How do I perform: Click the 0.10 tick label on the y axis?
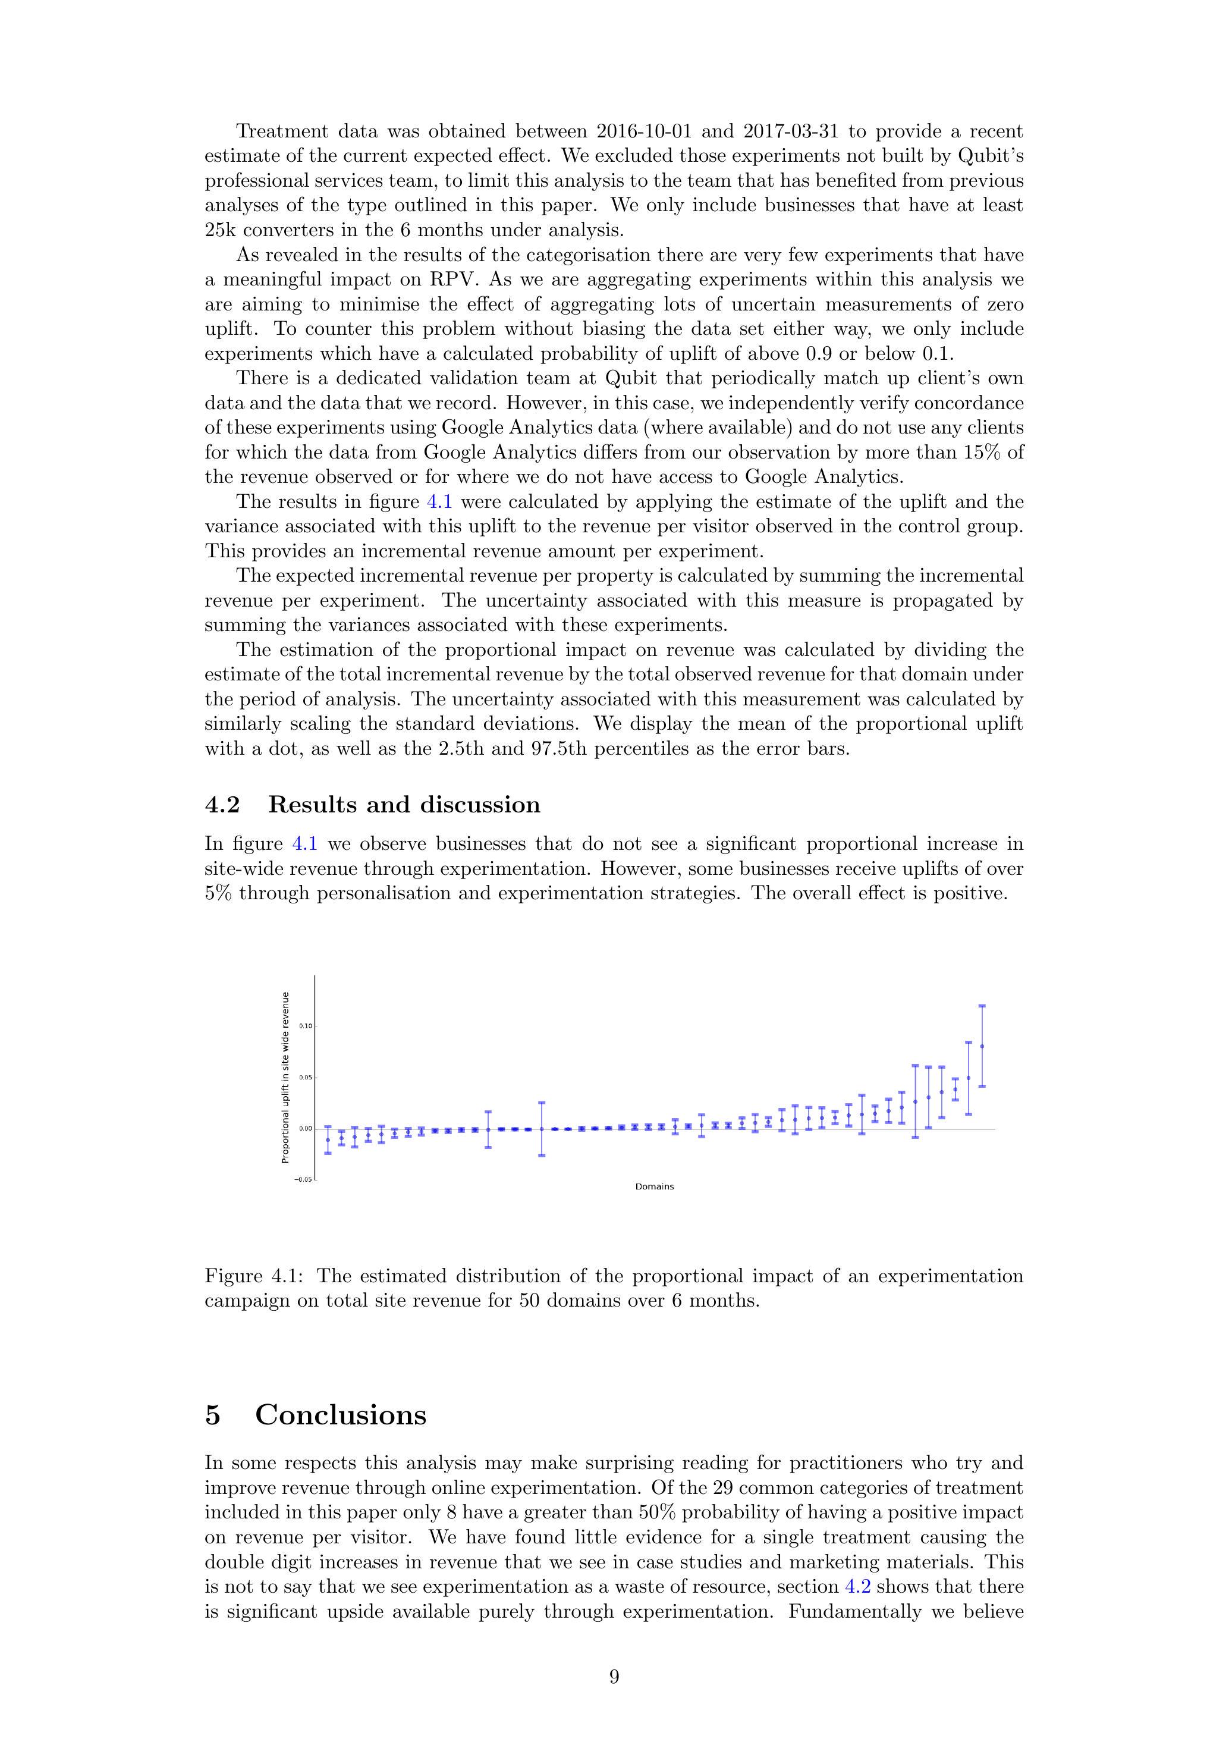point(305,1025)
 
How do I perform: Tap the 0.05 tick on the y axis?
point(305,1077)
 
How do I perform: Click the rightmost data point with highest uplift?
point(982,1046)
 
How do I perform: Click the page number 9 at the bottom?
point(614,1677)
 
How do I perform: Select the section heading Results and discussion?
point(404,804)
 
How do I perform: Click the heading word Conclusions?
point(340,1415)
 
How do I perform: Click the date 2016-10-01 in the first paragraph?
point(645,132)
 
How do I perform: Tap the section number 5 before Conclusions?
point(213,1415)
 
